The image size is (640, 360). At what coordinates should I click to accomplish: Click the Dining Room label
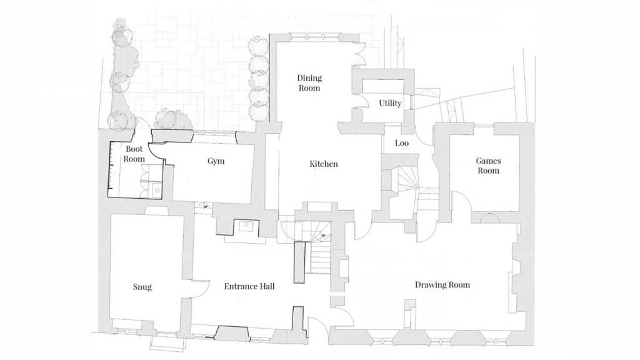tap(309, 82)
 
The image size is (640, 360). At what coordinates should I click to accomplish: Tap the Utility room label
tap(390, 103)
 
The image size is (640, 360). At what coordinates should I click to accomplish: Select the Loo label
tap(402, 143)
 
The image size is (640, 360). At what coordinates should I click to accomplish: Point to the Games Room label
tap(488, 166)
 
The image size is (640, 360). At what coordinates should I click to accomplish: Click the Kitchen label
tap(324, 164)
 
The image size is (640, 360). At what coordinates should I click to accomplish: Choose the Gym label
tap(216, 161)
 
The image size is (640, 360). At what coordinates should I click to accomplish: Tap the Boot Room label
tap(134, 154)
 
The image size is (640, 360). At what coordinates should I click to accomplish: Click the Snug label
tap(142, 287)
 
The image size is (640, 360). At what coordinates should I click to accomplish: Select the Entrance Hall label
tap(249, 286)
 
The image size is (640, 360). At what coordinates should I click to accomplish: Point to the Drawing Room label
tap(442, 285)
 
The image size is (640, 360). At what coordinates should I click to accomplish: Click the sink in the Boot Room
tap(157, 190)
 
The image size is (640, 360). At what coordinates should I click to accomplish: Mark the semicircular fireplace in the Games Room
tap(489, 217)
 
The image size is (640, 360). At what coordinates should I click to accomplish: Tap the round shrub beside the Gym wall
tap(174, 119)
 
